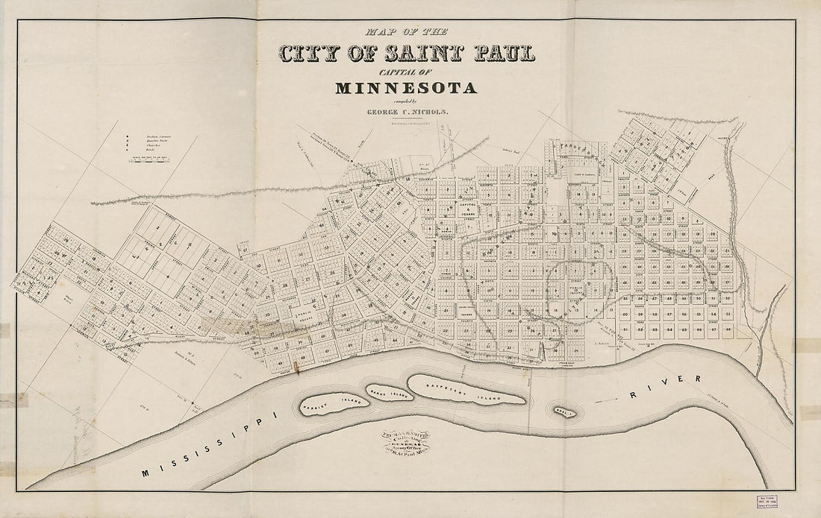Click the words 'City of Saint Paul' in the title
[407, 54]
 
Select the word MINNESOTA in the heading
[406, 88]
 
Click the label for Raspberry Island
[466, 388]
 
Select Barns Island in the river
[387, 392]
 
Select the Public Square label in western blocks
[305, 317]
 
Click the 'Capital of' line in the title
[406, 72]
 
